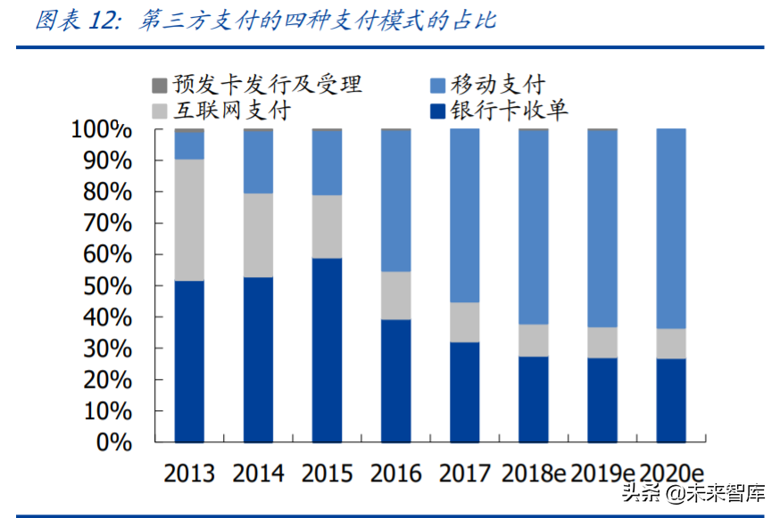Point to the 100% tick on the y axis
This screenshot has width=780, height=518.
pos(101,130)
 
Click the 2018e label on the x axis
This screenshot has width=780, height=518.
pos(533,473)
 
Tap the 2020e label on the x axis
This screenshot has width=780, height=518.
pos(672,473)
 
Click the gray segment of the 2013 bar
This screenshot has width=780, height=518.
pos(189,220)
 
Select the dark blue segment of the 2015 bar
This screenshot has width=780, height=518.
pos(327,349)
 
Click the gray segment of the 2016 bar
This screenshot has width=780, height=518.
pos(395,295)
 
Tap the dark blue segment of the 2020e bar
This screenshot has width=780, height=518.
pos(671,400)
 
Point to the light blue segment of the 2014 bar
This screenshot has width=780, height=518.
pos(258,162)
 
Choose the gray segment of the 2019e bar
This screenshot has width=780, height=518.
pos(602,342)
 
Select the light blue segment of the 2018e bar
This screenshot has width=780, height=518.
pos(534,227)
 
